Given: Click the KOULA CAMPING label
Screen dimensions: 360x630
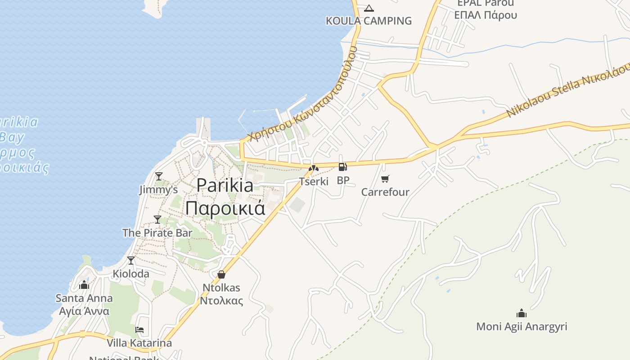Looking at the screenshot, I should point(369,21).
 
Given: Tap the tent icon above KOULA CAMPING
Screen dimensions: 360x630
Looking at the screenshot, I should point(369,8).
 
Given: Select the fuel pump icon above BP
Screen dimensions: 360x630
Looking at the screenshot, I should point(343,167).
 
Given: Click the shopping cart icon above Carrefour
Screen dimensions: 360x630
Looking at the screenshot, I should point(385,179).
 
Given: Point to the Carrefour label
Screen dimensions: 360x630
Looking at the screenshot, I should point(385,192).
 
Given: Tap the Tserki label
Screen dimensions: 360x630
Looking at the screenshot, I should point(314,181).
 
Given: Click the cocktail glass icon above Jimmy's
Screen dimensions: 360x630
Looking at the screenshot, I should point(158,176).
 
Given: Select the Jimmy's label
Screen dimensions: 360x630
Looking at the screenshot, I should point(158,189).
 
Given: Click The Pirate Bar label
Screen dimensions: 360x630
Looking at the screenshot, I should point(157,233).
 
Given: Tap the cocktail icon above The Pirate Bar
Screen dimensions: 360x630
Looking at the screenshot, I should point(157,219).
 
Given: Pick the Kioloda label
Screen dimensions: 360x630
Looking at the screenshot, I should point(131,274).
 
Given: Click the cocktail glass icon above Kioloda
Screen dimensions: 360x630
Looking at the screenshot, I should point(131,260).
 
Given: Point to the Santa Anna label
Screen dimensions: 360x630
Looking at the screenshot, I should point(84,298).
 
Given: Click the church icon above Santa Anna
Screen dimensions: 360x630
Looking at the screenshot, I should point(84,285).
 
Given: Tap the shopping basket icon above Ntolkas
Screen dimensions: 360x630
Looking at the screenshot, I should point(221,274).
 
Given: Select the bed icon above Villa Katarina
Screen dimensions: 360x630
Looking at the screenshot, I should point(139,330).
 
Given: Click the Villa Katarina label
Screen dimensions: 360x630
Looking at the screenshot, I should point(139,343).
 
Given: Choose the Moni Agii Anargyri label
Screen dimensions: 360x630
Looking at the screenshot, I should point(522,326).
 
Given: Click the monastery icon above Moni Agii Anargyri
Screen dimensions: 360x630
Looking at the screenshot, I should point(522,313).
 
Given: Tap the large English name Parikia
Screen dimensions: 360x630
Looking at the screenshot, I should point(225,185).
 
